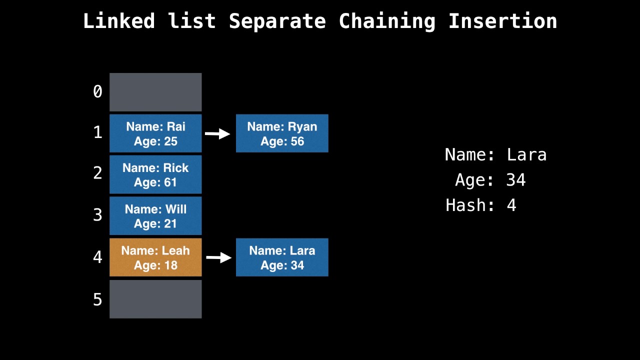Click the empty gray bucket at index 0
pos(155,92)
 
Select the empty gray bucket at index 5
pos(155,299)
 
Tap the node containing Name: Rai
pos(155,133)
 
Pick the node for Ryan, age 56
pos(282,133)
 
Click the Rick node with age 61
pos(155,174)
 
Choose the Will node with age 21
pos(155,216)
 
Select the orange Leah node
pos(155,257)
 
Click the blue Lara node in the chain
pos(282,257)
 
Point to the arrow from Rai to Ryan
pos(218,133)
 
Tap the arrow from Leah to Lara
pos(219,257)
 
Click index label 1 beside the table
pos(97,132)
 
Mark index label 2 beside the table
pos(97,173)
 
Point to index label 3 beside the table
pos(97,215)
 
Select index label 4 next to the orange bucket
pos(97,257)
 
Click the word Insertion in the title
pos(502,21)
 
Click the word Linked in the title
pos(119,21)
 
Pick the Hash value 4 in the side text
pos(511,205)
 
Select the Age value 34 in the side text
pos(516,180)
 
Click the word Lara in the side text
pos(526,154)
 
